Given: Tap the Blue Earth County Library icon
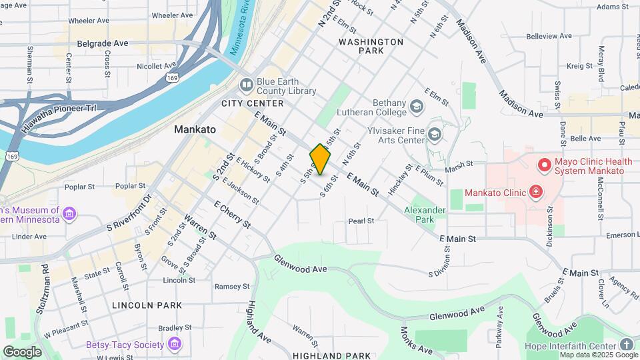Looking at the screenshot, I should tap(246, 85).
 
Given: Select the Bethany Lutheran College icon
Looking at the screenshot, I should tap(417, 107).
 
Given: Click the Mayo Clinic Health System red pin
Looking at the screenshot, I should tap(544, 164).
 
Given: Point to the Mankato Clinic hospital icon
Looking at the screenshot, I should tap(535, 193).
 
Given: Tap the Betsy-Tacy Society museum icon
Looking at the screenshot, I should tap(175, 344).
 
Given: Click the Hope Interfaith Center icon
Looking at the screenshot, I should tap(626, 344).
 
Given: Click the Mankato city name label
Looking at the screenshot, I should tap(195, 129).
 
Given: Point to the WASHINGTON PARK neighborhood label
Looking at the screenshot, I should tap(371, 46).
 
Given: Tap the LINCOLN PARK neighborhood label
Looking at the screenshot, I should tap(147, 305).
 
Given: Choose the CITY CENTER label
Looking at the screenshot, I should tap(253, 103).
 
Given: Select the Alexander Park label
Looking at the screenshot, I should tap(429, 214).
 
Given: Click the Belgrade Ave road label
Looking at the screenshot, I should tap(102, 43).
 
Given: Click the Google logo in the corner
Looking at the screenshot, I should tap(22, 351).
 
